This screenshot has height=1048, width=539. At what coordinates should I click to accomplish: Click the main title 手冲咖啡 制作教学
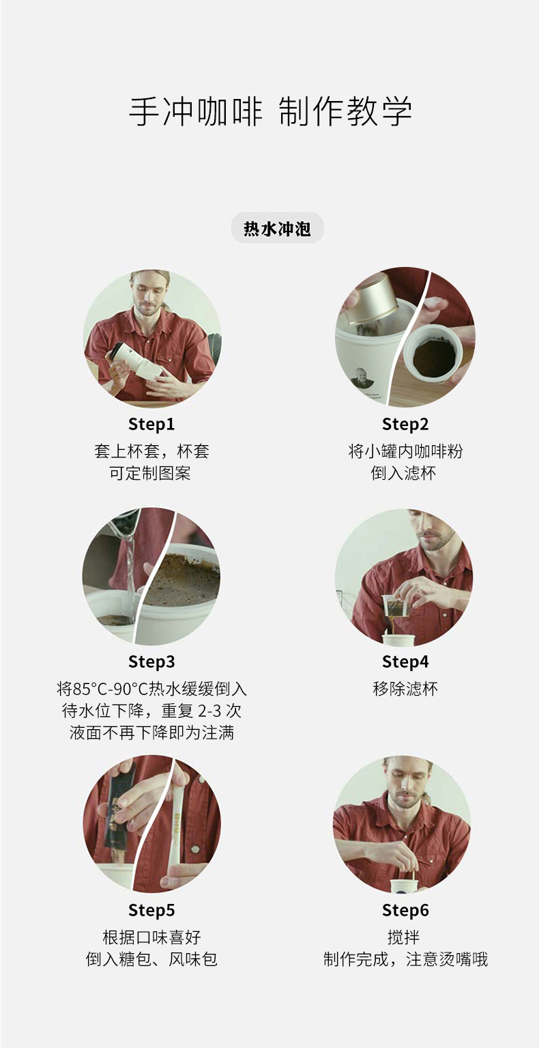(270, 112)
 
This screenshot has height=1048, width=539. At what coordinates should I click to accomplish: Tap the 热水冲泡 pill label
(277, 228)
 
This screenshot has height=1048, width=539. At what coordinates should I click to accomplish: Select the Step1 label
(151, 425)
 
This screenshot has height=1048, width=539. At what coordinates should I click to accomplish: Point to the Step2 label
(405, 425)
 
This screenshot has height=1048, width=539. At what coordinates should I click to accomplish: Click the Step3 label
(151, 662)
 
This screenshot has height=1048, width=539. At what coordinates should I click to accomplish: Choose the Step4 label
(405, 662)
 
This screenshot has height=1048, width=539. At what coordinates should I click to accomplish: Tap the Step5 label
(151, 910)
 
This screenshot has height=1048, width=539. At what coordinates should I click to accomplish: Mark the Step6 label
(405, 910)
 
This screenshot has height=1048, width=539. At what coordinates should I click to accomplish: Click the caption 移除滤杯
(405, 689)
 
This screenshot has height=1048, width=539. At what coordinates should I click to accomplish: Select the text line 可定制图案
(150, 473)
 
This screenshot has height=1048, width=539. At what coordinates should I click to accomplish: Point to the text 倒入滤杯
(403, 473)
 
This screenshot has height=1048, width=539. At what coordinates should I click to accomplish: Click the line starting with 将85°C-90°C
(151, 689)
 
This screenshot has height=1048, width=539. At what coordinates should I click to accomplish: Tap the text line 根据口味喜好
(151, 937)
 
